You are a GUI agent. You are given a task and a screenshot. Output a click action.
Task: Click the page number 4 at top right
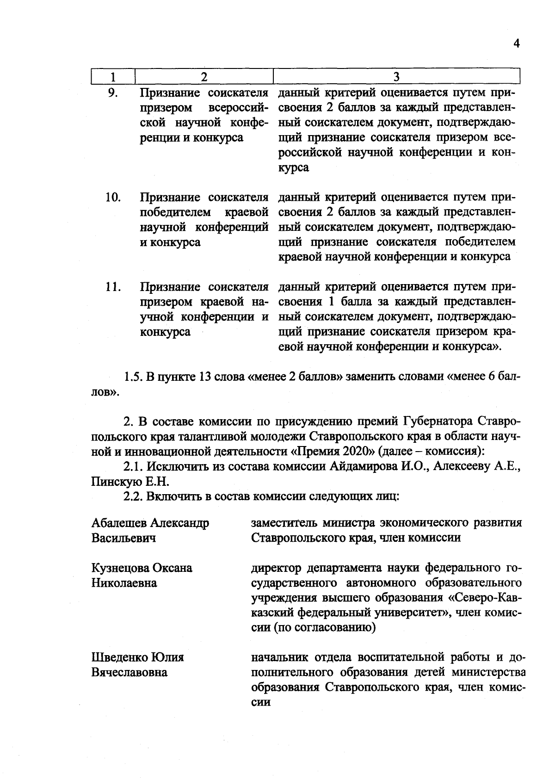point(517,43)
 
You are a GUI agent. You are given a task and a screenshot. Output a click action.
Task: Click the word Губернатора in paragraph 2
point(438,421)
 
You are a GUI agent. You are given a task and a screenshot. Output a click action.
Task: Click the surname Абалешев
point(120,523)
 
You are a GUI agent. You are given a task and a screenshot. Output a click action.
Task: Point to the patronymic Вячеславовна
point(129,672)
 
